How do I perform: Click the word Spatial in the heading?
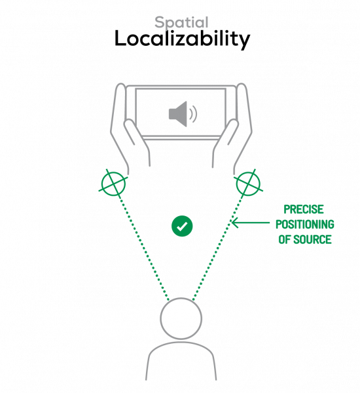(x=181, y=22)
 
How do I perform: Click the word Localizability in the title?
(x=182, y=39)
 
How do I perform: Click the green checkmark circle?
(x=182, y=226)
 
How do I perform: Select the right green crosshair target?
(x=248, y=183)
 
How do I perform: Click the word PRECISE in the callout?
(x=304, y=210)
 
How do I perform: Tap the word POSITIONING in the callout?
(x=305, y=224)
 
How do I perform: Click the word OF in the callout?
(x=285, y=239)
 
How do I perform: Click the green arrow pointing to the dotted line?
(x=251, y=222)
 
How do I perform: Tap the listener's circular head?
(x=181, y=318)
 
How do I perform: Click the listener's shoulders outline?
(x=181, y=343)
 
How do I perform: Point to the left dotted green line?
(x=144, y=248)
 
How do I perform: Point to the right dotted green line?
(x=218, y=248)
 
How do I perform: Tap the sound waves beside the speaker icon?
(x=193, y=114)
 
